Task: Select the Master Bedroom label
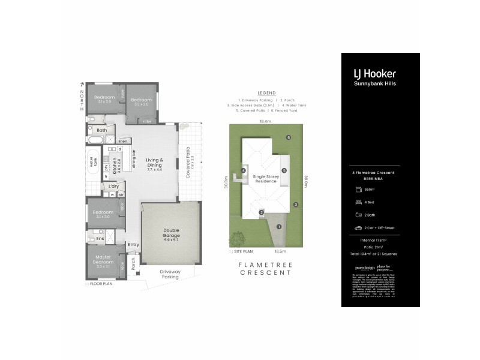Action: [x=103, y=260]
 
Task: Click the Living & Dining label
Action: [x=155, y=162]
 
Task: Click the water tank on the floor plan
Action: [x=94, y=163]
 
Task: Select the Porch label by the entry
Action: [x=133, y=263]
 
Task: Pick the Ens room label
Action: [x=100, y=239]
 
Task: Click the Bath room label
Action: [x=102, y=130]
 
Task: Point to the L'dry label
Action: [x=113, y=187]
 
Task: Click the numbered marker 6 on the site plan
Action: [x=289, y=137]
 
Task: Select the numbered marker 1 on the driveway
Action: [x=279, y=226]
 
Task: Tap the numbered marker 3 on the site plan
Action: [x=296, y=205]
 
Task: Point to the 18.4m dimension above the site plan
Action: [x=265, y=121]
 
